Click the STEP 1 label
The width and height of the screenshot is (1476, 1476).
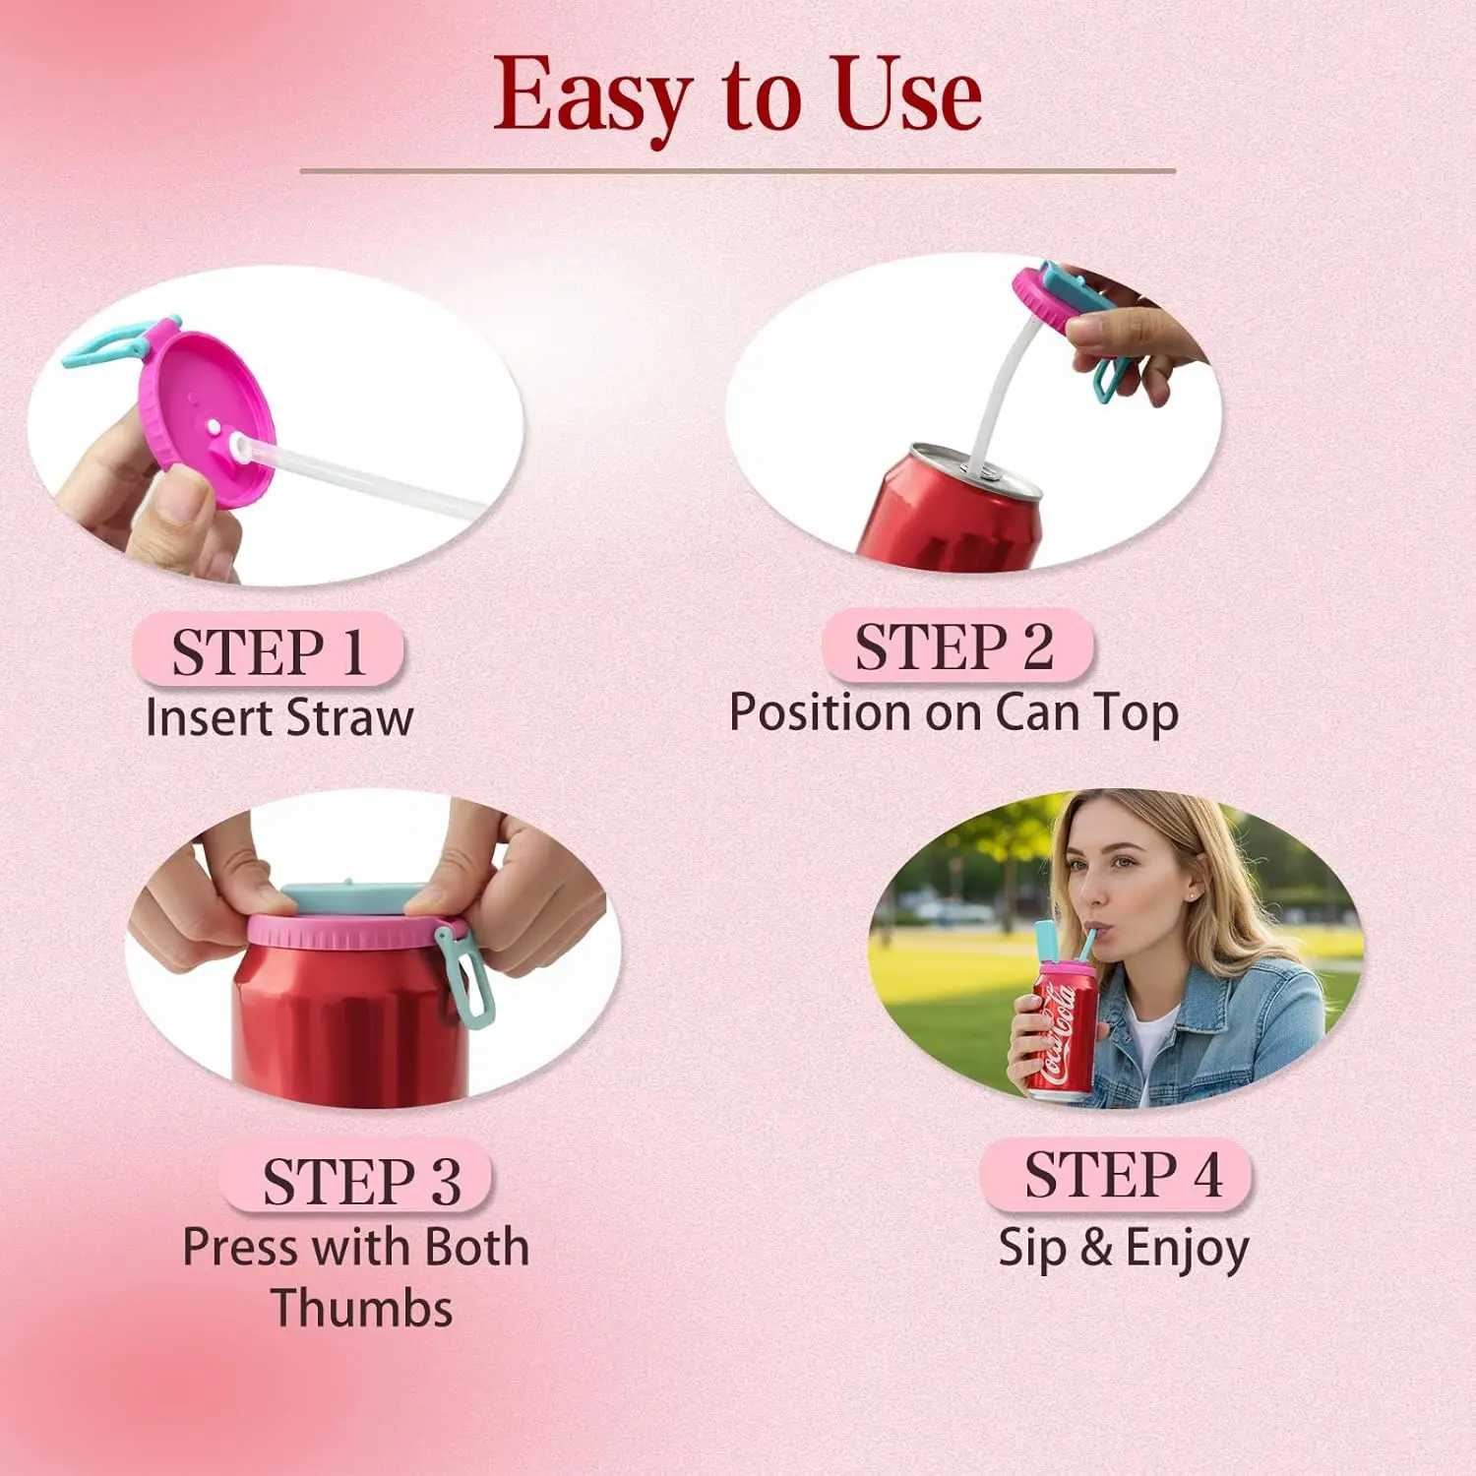pyautogui.click(x=269, y=650)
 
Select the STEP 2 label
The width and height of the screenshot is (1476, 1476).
pyautogui.click(x=956, y=646)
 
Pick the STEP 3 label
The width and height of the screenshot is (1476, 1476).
pyautogui.click(x=360, y=1180)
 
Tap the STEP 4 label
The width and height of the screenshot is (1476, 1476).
pyautogui.click(x=1122, y=1175)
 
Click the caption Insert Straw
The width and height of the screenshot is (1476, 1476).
pyautogui.click(x=279, y=717)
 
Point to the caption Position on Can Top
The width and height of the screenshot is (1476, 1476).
pyautogui.click(x=953, y=712)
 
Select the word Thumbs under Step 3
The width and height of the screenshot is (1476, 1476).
pyautogui.click(x=361, y=1309)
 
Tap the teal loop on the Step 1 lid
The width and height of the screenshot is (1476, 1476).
pyautogui.click(x=118, y=340)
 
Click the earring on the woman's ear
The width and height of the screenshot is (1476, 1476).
pyautogui.click(x=1193, y=897)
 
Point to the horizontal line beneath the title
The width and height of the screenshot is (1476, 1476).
pyautogui.click(x=738, y=171)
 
